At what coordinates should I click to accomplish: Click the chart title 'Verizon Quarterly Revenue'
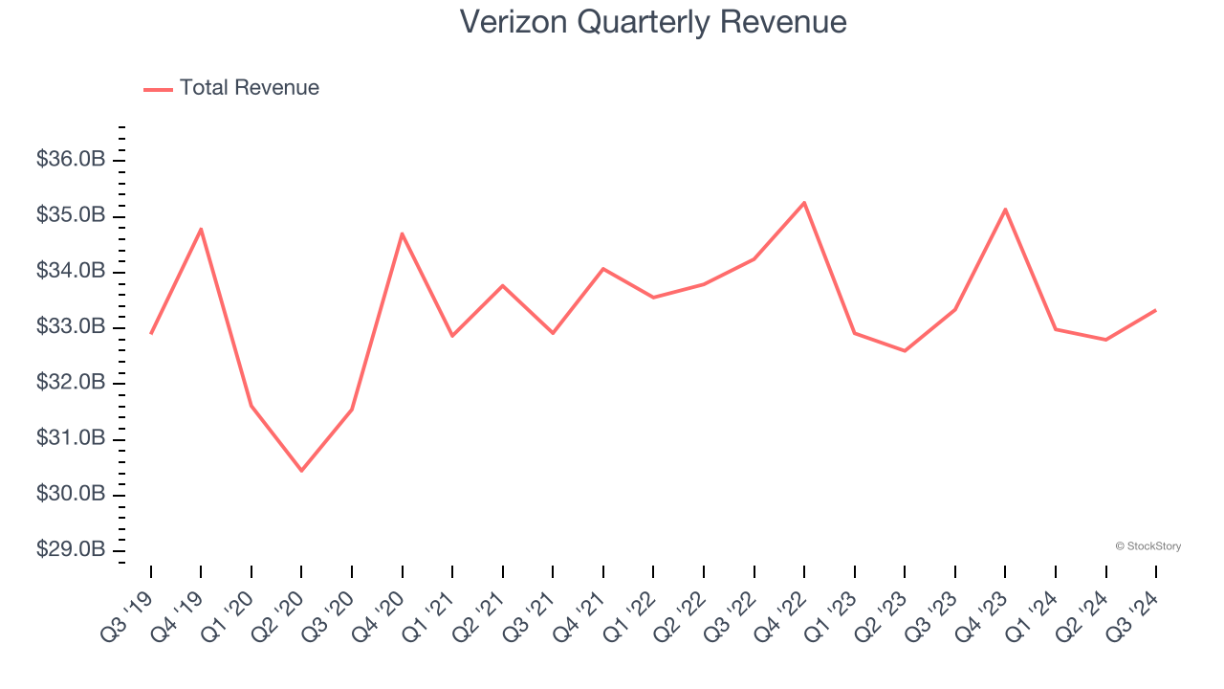(653, 22)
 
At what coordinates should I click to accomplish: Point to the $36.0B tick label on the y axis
(71, 160)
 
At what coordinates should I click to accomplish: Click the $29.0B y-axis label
(71, 550)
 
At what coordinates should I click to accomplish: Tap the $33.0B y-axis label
(71, 327)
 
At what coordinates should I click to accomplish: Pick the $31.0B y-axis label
(71, 438)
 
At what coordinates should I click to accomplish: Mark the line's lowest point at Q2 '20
(301, 471)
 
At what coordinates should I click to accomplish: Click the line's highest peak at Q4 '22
(804, 202)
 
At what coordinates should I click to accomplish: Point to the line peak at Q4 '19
(201, 229)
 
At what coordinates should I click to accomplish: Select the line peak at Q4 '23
(1005, 209)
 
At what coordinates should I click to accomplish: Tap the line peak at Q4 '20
(402, 233)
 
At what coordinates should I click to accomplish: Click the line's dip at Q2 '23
(905, 351)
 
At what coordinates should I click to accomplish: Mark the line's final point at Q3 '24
(1155, 310)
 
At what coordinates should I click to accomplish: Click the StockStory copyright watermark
(1147, 546)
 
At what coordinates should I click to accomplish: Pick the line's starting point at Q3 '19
(151, 333)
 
